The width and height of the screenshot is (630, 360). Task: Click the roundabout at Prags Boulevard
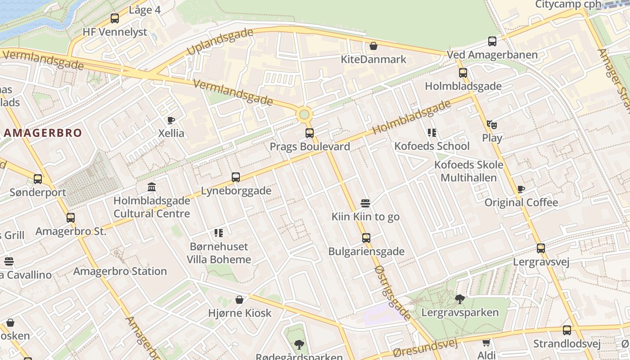pos(305,115)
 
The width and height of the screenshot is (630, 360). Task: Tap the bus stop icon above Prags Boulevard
pos(310,133)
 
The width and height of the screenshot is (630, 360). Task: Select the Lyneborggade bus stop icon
pos(236,177)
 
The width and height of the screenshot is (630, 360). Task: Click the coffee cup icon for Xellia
pos(171,120)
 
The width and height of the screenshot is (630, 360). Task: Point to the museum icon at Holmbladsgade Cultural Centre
pos(152,187)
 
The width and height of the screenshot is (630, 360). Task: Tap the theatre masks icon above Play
pos(491,124)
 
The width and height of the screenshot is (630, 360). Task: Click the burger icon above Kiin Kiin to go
pos(365,203)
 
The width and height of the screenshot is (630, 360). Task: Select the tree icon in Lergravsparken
pos(460,299)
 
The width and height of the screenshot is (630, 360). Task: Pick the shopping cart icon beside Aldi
pos(486,343)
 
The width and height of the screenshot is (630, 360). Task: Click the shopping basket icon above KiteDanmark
pos(373,46)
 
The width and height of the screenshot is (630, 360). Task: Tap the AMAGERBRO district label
pos(43,133)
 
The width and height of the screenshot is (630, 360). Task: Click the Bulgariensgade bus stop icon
pos(366,238)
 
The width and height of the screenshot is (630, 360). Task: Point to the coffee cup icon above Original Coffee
pos(521,189)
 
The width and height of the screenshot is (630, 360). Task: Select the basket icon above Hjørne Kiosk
pos(239,300)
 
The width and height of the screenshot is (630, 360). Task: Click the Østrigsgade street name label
pos(392,292)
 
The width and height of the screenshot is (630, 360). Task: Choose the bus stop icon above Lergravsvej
pos(541,248)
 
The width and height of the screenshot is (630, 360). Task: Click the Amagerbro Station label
pos(120,271)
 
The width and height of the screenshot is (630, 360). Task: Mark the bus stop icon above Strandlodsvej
pos(567,330)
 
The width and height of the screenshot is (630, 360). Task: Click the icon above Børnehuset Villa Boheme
pos(219,233)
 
